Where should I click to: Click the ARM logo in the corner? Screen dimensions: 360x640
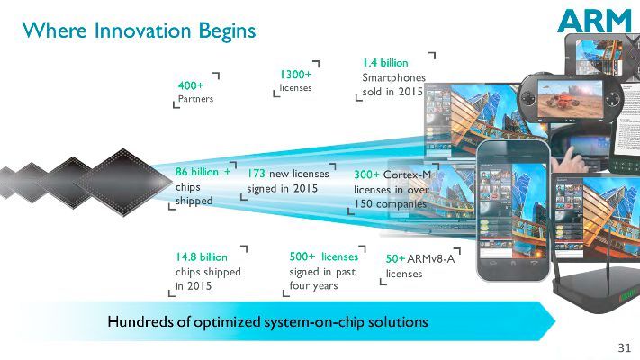click(590, 20)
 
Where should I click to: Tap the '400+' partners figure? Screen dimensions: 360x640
click(191, 85)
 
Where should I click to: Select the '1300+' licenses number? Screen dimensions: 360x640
click(295, 75)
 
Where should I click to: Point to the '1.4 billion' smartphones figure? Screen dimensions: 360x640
click(385, 64)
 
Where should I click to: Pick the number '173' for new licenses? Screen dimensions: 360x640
click(257, 174)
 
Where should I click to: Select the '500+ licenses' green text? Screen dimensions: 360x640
click(324, 256)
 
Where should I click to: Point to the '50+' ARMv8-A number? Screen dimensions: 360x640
click(395, 259)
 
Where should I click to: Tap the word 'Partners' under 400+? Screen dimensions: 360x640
click(195, 99)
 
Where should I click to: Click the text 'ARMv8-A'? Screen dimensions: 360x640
click(432, 259)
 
